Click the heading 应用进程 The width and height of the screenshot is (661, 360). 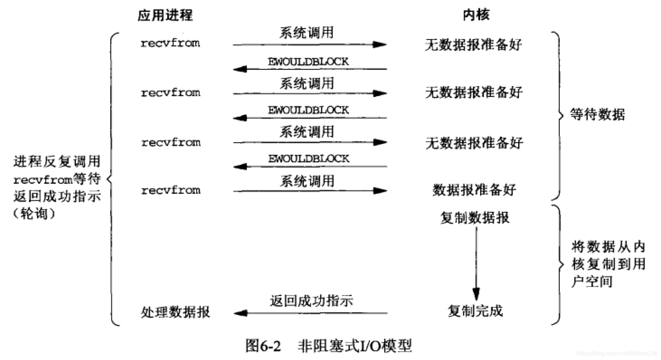[165, 15]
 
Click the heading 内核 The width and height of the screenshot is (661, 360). [476, 15]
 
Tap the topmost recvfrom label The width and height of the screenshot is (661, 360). [170, 43]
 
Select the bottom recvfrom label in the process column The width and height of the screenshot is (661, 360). [171, 190]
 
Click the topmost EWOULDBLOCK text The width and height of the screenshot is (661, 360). [308, 62]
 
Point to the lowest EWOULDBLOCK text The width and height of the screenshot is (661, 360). [309, 159]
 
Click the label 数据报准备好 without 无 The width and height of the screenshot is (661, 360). [474, 190]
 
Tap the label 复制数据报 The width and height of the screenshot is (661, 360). [475, 218]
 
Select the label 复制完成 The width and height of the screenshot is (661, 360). [475, 311]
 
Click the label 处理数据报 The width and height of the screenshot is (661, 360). [175, 312]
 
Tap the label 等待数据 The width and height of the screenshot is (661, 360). [598, 114]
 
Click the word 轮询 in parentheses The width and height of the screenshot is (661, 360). [34, 214]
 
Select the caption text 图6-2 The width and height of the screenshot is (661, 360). [263, 346]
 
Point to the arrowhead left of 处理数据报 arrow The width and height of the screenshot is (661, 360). [241, 313]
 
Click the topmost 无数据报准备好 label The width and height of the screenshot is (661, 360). [473, 45]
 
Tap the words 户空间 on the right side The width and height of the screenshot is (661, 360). [592, 281]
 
